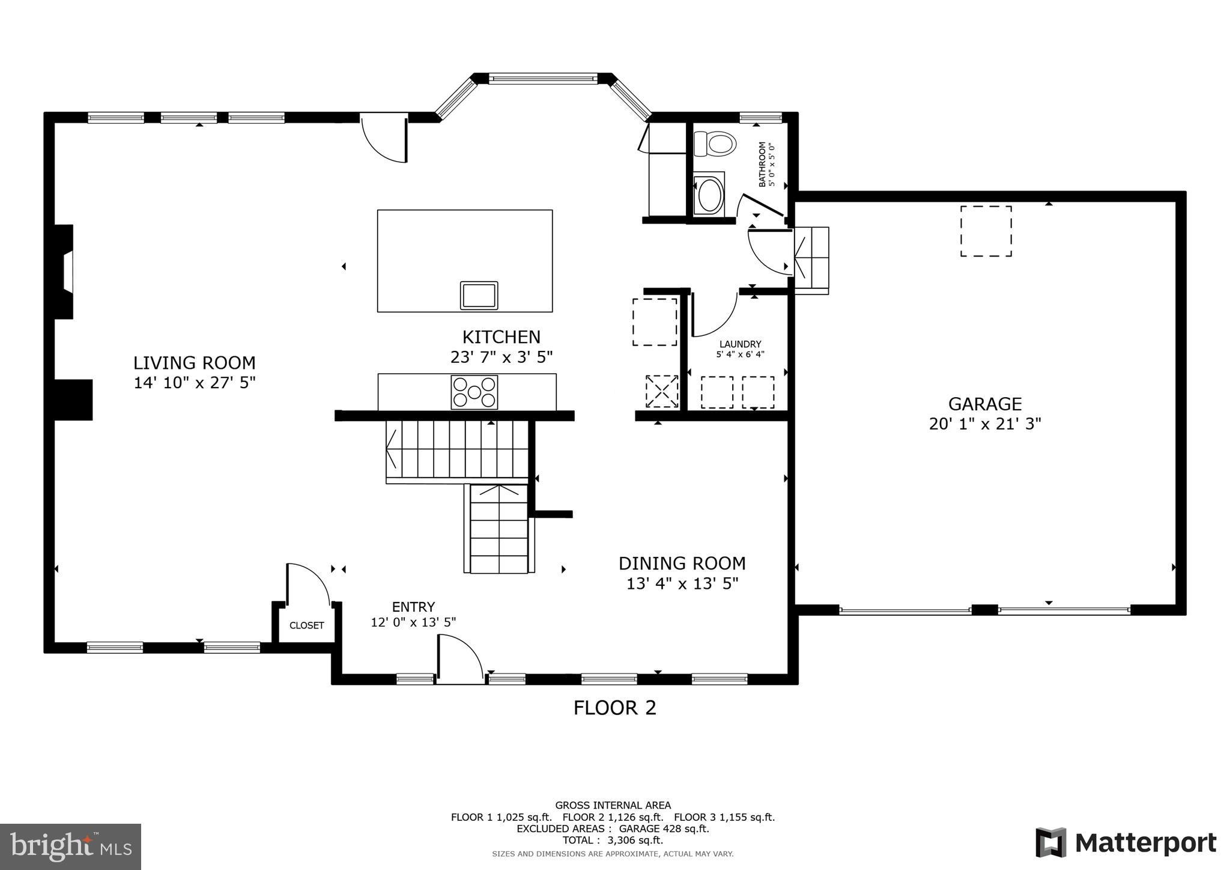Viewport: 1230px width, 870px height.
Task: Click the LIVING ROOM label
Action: (194, 363)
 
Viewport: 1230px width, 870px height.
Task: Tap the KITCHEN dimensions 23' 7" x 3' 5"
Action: (501, 357)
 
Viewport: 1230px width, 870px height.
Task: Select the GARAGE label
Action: (985, 404)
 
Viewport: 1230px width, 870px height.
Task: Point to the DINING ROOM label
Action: (682, 564)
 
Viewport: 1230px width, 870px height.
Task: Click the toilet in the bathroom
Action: (715, 144)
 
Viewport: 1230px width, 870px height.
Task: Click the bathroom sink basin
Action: (709, 194)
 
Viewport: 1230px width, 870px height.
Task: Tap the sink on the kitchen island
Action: (479, 296)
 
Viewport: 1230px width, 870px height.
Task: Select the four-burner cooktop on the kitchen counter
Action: (474, 392)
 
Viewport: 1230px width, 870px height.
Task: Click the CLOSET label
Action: (306, 625)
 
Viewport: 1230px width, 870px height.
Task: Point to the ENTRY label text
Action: (413, 607)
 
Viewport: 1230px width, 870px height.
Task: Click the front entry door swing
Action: (459, 660)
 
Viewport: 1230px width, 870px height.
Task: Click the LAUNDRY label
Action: (740, 344)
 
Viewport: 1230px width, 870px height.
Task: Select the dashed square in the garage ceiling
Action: (986, 231)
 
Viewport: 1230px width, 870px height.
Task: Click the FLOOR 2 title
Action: (614, 708)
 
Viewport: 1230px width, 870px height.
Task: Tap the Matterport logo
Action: (1125, 843)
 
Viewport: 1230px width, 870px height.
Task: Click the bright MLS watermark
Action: (71, 847)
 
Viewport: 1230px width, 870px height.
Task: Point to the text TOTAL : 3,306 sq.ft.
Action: (613, 840)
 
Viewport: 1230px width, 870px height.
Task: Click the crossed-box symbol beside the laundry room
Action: (661, 392)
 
